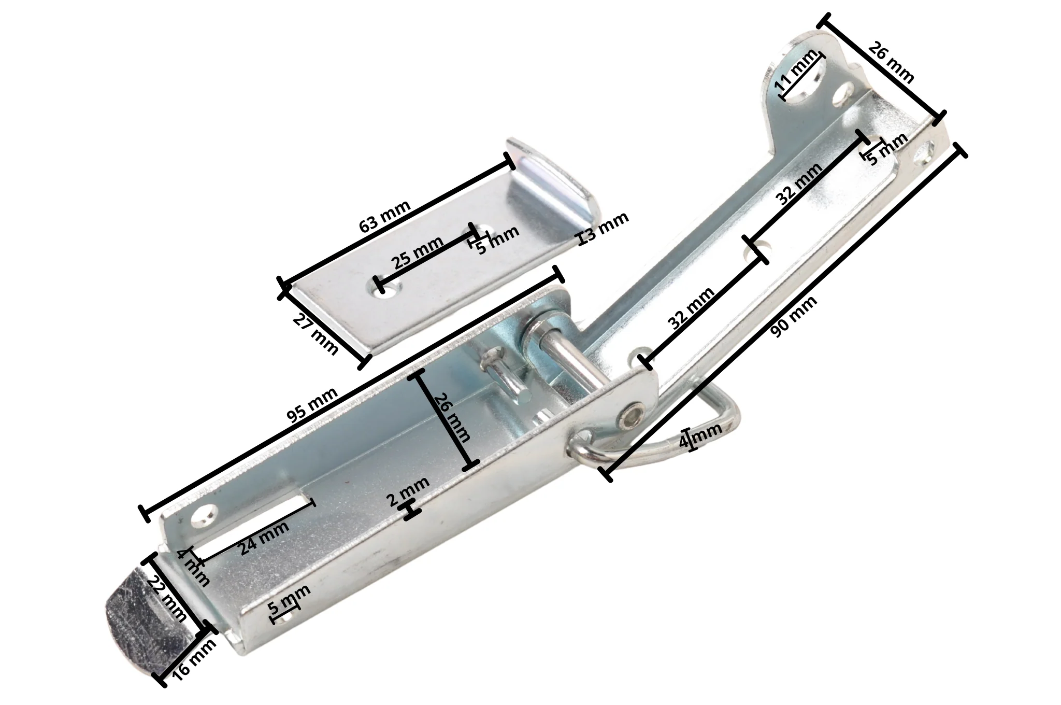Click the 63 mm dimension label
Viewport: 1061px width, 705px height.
(385, 217)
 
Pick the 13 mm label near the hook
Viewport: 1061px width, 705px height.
(604, 228)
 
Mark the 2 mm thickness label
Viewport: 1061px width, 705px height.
(408, 491)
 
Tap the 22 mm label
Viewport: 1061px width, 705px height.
(166, 600)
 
